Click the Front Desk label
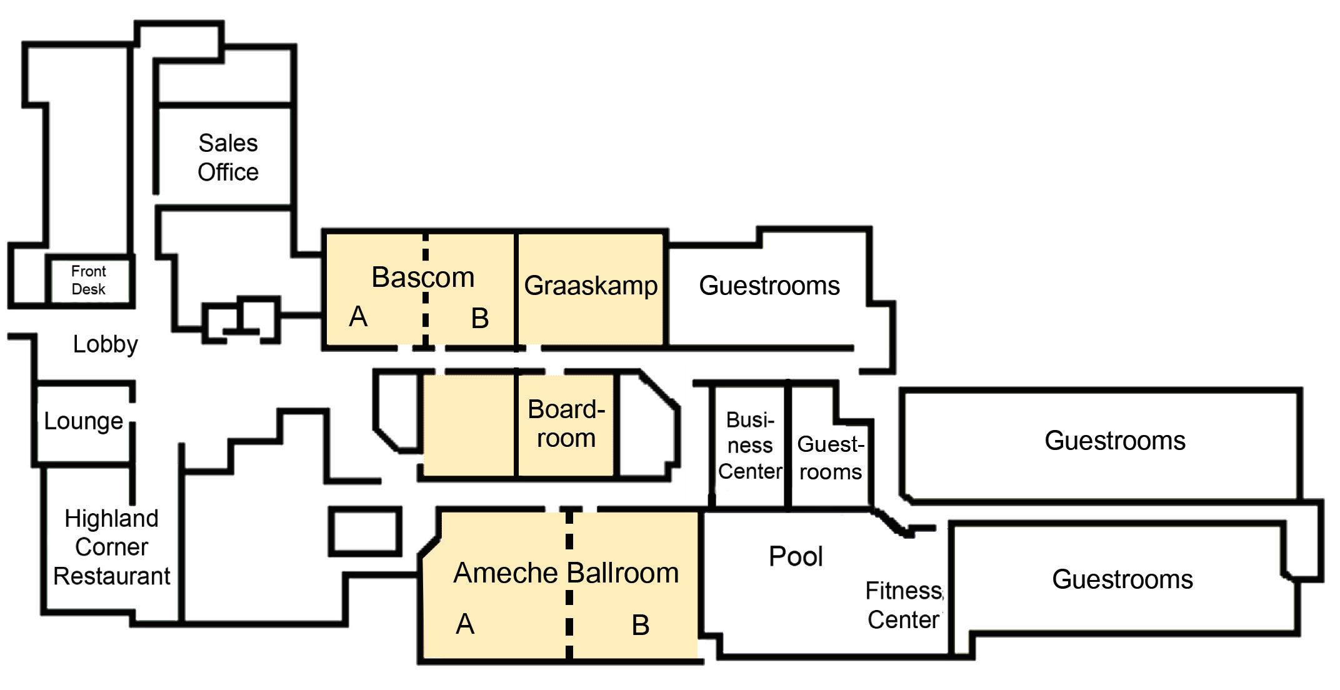(x=89, y=280)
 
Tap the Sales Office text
(x=228, y=157)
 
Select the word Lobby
(x=105, y=344)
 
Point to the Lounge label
(x=83, y=421)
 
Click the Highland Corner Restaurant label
(x=111, y=547)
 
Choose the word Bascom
(x=423, y=277)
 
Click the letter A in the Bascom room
(x=358, y=317)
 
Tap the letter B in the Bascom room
(x=479, y=319)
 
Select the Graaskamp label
(x=591, y=286)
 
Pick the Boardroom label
(x=566, y=424)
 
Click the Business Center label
(x=750, y=446)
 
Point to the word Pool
(x=796, y=556)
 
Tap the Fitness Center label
(x=904, y=605)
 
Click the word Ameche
(x=505, y=573)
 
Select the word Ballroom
(x=622, y=573)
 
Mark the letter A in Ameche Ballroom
(x=465, y=624)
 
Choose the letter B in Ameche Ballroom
(x=641, y=625)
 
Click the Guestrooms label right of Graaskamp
(x=769, y=286)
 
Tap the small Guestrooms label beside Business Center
(x=831, y=458)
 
